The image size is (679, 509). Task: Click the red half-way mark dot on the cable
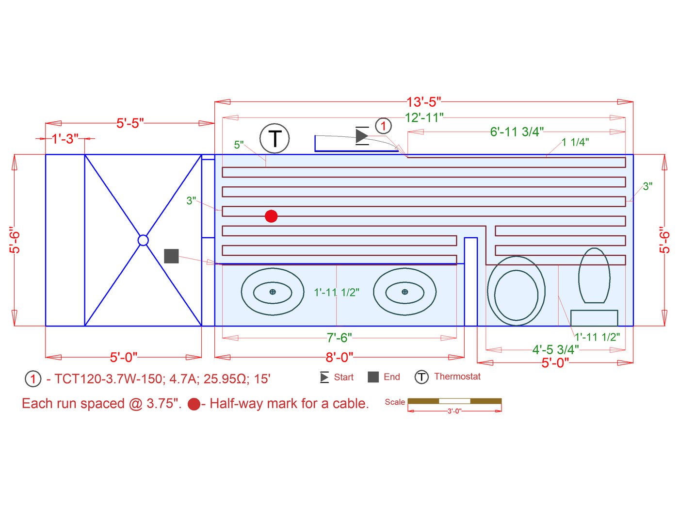coord(271,216)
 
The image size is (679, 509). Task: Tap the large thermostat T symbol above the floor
coord(275,138)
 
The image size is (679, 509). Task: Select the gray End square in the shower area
coord(171,256)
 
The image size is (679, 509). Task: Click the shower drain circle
coord(143,240)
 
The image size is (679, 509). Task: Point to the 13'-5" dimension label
coord(423,102)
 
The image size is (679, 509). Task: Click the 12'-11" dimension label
coord(424,117)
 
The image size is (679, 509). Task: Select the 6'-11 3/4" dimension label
coord(517,132)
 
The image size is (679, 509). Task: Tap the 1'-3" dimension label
coord(65,139)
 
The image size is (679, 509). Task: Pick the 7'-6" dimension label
coord(339,338)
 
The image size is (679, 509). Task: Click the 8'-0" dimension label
coord(339,358)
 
